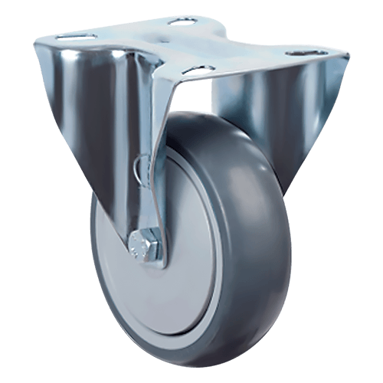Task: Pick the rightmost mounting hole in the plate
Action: point(297,54)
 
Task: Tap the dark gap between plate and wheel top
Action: point(203,103)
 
